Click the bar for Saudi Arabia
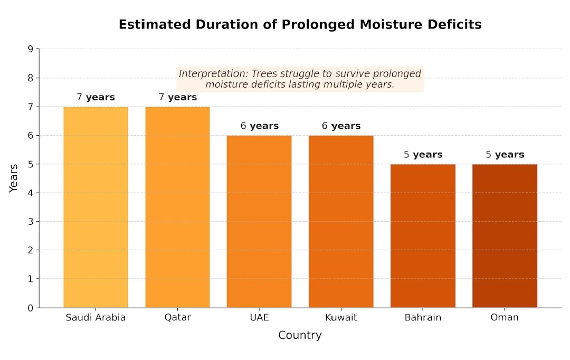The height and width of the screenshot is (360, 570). point(96,207)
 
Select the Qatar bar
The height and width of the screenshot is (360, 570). point(177,207)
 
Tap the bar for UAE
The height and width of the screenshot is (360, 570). point(259,221)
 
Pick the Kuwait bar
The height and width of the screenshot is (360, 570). point(341,221)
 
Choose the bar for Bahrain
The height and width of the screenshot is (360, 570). point(423,235)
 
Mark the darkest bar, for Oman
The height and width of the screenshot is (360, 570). point(505,235)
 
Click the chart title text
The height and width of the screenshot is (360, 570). point(300,25)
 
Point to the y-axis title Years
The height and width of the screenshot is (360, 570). point(14,178)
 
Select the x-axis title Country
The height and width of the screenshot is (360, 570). point(300,335)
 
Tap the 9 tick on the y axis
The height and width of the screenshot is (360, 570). point(30,49)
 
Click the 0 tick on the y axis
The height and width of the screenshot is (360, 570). point(30,308)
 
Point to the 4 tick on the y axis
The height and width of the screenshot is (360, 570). point(30,193)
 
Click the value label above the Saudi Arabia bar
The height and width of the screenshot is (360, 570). point(96,97)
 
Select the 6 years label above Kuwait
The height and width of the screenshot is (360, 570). point(341,126)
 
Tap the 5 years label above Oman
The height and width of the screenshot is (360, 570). point(505,155)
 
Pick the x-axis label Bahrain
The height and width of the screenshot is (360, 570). point(423,318)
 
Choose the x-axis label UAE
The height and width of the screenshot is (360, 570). point(259,318)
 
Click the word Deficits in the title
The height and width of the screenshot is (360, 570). point(455,25)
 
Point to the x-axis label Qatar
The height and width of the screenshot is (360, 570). point(177,318)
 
